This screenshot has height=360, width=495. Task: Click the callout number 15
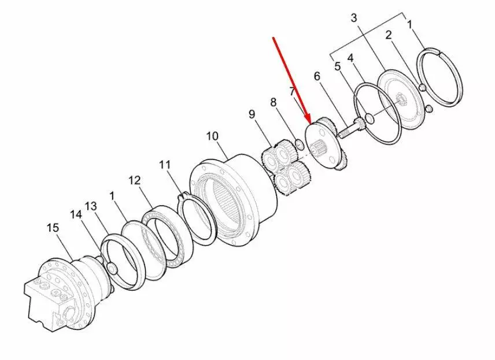point(53,228)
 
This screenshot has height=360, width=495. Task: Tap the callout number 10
point(212,136)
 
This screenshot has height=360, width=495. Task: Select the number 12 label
point(134,181)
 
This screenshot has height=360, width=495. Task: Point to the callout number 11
point(164,165)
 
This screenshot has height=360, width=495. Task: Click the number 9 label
point(252,114)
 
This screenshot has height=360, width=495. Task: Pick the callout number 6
point(317,76)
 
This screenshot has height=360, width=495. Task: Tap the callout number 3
point(354,18)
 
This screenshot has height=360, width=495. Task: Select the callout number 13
point(91,207)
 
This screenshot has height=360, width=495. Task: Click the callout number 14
point(76,215)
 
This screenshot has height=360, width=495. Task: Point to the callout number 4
point(350,58)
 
